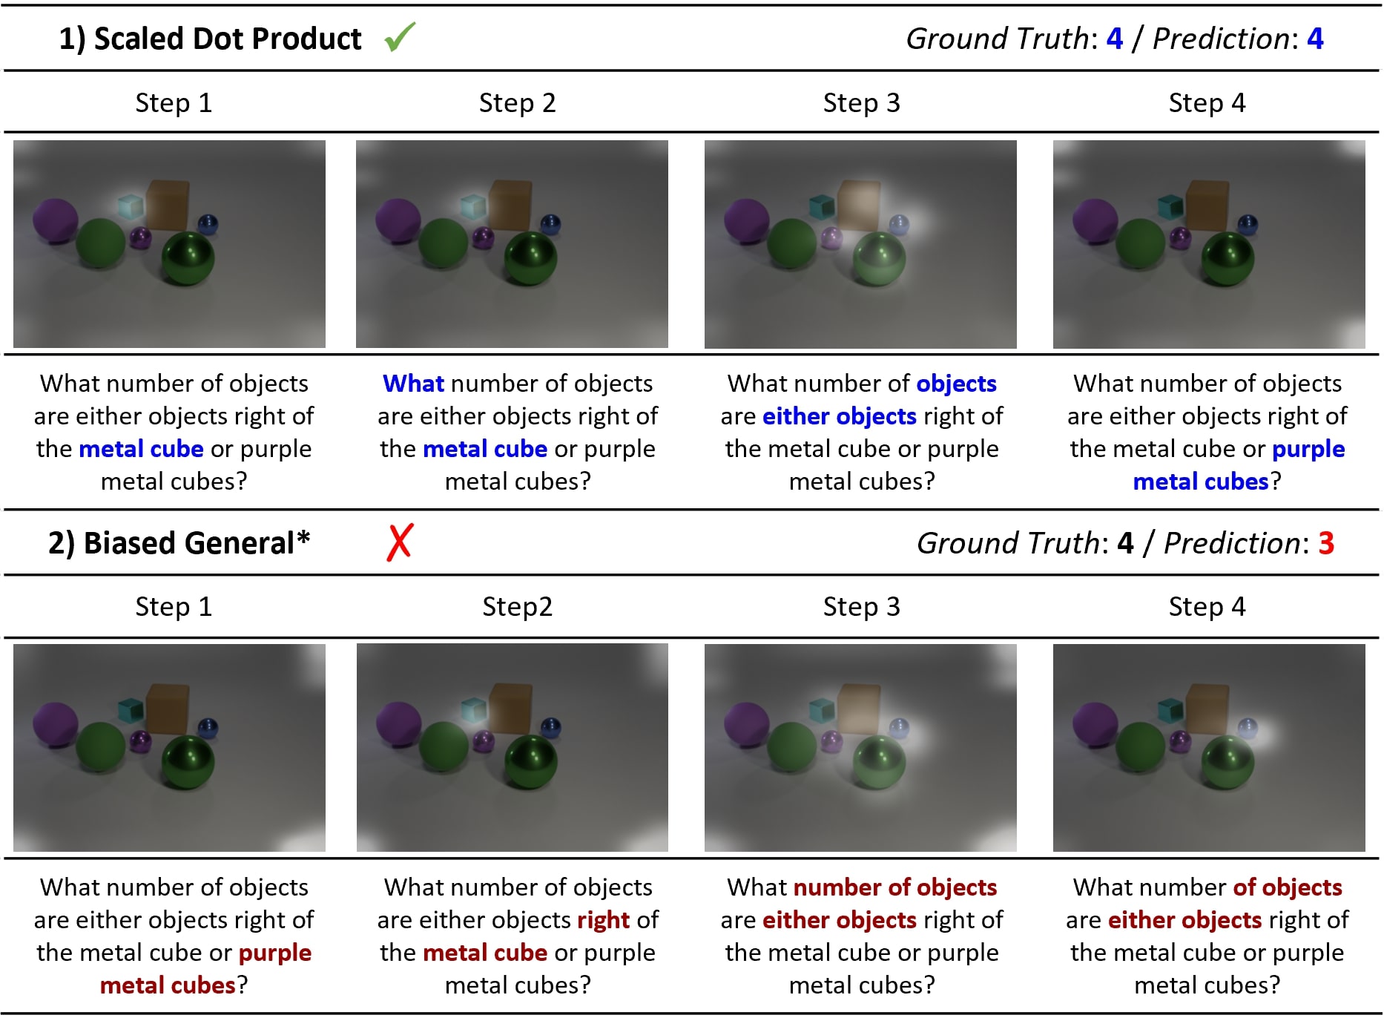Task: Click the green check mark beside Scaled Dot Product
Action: pos(401,36)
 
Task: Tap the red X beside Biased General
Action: pos(400,542)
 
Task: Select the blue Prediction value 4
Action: pos(1315,39)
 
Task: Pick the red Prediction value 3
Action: pos(1326,543)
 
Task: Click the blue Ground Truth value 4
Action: pos(1115,39)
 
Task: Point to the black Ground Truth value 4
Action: pos(1126,543)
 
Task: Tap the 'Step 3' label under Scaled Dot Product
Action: pos(861,102)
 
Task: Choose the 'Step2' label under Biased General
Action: pos(517,607)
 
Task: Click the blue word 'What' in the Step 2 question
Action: pos(413,384)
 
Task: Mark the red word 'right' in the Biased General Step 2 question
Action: pos(603,921)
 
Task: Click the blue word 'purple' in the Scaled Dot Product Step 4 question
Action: pos(1308,450)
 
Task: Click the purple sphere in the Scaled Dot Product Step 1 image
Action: pos(56,220)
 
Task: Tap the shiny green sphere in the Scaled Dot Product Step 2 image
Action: pos(530,258)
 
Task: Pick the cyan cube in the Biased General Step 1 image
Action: pos(131,711)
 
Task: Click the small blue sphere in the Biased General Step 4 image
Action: pos(1248,728)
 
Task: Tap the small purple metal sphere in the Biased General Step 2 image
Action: pos(483,740)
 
